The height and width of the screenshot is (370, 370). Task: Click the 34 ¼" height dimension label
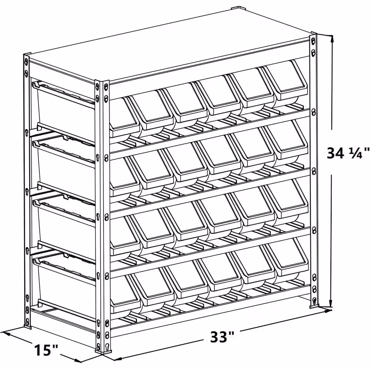348,153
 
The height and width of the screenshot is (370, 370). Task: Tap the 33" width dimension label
222,336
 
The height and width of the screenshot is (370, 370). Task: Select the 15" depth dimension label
46,350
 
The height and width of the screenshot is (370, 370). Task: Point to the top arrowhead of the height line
332,38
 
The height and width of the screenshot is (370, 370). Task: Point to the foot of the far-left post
27,327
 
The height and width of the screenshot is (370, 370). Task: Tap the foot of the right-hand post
314,306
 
